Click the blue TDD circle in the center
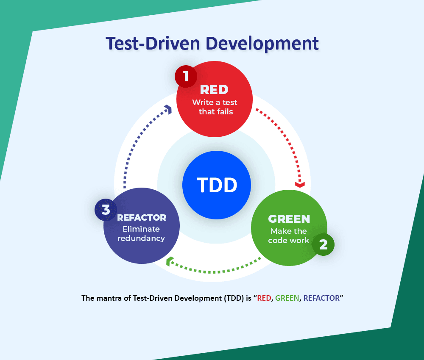[216, 185]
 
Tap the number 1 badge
[186, 76]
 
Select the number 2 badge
[323, 244]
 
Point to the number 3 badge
[106, 210]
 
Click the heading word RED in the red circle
[214, 89]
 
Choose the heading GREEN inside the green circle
[289, 219]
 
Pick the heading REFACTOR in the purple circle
[142, 218]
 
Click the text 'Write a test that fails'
[215, 107]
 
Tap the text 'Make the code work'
[289, 236]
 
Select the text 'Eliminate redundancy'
[142, 233]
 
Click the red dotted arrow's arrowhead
[300, 184]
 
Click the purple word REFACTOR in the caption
[321, 298]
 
